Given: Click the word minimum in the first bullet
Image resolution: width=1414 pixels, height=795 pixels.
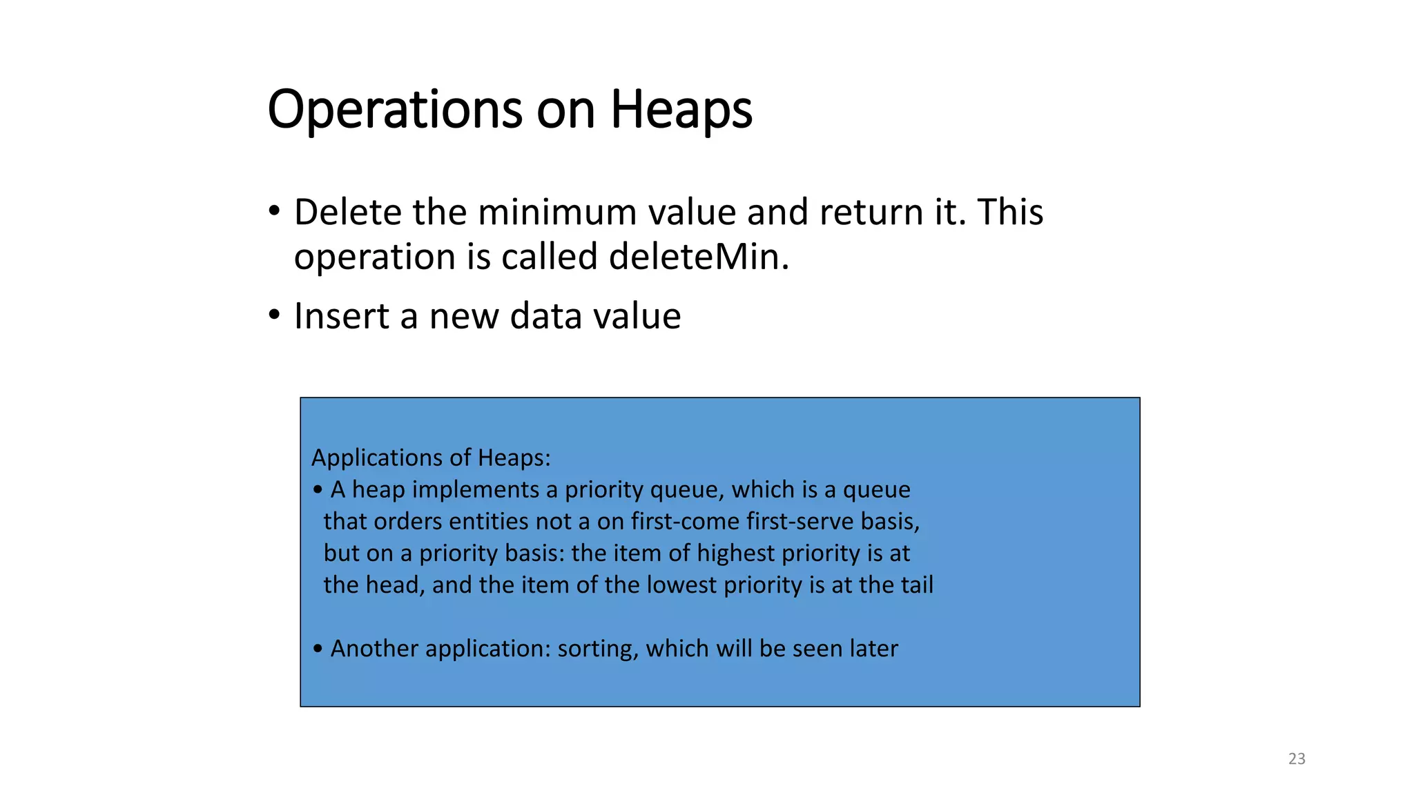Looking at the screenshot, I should pos(556,212).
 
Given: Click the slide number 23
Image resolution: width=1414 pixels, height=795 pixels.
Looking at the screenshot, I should pos(1297,759).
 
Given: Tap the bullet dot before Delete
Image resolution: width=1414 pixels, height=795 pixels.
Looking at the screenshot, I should pos(274,211).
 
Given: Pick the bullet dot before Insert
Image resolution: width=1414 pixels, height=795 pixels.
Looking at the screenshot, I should pos(274,315).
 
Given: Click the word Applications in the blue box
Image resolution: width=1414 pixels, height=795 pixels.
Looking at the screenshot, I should pos(382,458).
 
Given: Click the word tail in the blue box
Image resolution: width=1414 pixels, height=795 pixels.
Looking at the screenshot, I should pos(916,585).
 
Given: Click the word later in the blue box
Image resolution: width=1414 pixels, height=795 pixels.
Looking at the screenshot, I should pos(874,649).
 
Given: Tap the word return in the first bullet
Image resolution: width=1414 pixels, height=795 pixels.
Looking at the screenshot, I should pos(871,212).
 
